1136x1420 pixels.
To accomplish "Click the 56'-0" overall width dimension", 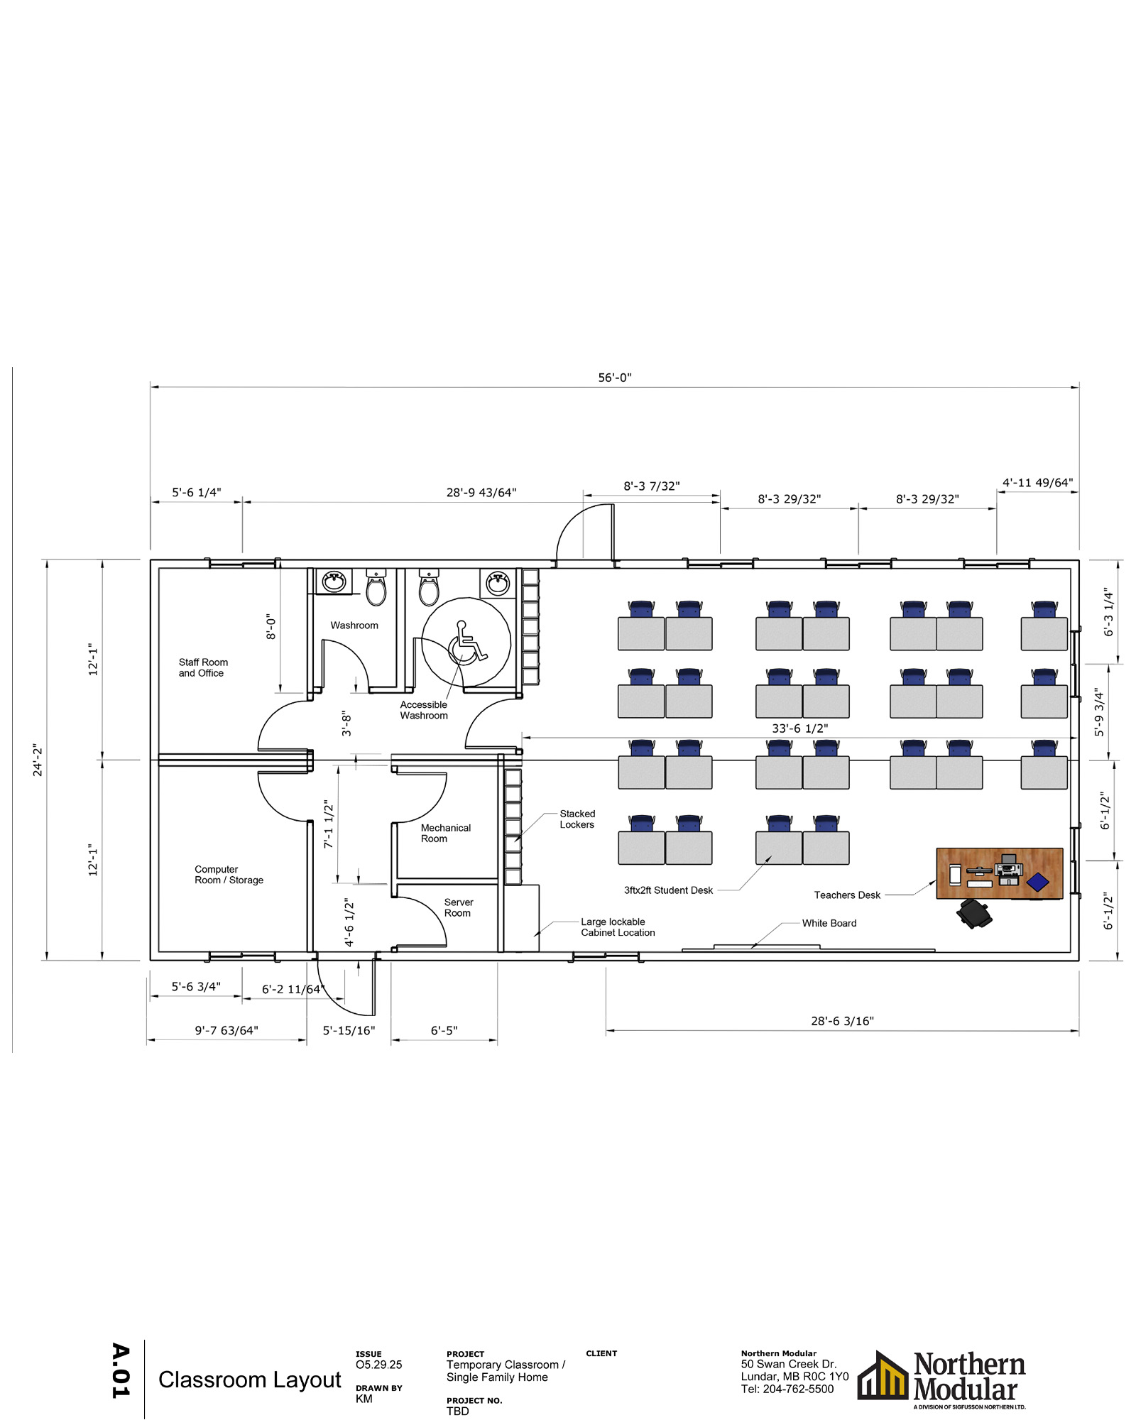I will point(614,378).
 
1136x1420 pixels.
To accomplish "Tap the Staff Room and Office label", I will point(203,667).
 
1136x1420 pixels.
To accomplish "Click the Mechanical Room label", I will point(445,833).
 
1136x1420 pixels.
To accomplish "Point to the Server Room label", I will point(458,907).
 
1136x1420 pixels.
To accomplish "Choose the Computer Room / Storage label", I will point(229,875).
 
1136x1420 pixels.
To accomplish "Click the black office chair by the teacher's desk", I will point(974,913).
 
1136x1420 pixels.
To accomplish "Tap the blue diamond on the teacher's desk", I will point(1037,882).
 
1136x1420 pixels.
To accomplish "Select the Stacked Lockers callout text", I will point(577,819).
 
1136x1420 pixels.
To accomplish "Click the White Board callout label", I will point(829,923).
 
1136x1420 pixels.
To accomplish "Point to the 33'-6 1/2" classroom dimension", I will point(799,728).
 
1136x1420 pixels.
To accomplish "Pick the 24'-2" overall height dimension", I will point(38,760).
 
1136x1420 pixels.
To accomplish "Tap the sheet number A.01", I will point(121,1370).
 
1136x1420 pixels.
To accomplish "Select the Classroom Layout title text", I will point(249,1380).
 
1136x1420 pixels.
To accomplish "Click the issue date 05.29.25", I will point(378,1365).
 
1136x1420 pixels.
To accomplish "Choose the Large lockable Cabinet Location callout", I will point(617,927).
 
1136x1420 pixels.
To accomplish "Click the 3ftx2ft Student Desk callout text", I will point(668,890).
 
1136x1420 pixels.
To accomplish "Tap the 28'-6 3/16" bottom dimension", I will point(842,1021).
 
